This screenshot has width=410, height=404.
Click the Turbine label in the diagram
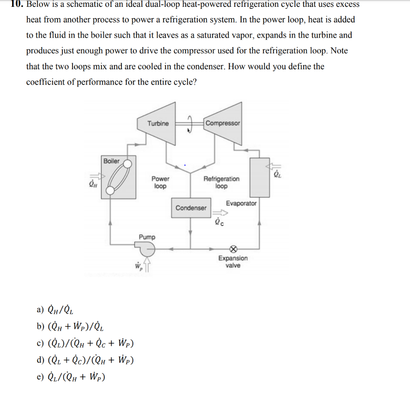point(158,123)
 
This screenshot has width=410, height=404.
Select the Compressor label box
point(223,123)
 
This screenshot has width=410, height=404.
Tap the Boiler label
point(111,161)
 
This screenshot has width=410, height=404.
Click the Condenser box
point(191,208)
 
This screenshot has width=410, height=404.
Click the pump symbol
point(147,249)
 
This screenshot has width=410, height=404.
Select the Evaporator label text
point(241,203)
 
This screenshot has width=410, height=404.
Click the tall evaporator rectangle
point(259,177)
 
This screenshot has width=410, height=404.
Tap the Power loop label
point(160,183)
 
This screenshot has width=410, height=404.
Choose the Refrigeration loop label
point(221,183)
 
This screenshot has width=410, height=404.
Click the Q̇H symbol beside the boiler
point(93,185)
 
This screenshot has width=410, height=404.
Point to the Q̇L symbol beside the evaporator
point(277,174)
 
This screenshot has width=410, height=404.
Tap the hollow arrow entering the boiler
point(98,176)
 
